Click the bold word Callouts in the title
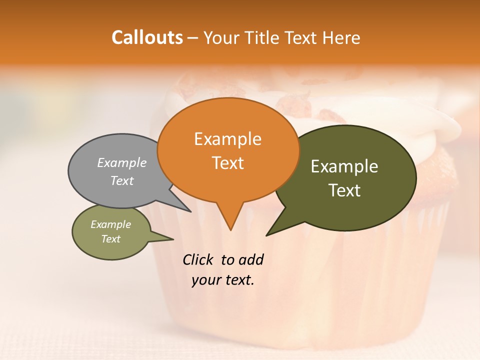click(x=147, y=37)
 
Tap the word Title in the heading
click(x=263, y=37)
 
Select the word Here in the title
click(x=341, y=37)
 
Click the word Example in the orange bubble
click(x=227, y=139)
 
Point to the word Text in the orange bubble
click(x=227, y=163)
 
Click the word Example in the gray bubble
click(x=122, y=162)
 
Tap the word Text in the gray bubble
click(x=122, y=180)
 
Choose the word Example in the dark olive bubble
click(x=344, y=166)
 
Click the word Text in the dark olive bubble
click(x=344, y=190)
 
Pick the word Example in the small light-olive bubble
click(x=110, y=224)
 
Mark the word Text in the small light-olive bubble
click(x=110, y=239)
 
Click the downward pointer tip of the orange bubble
click(x=230, y=229)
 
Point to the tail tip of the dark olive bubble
click(x=267, y=234)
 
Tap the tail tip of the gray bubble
click(x=190, y=211)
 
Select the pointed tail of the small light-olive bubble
click(x=172, y=239)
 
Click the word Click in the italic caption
click(x=198, y=259)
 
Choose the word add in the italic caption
click(x=251, y=259)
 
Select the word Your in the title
click(x=221, y=37)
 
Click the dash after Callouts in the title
click(x=193, y=38)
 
